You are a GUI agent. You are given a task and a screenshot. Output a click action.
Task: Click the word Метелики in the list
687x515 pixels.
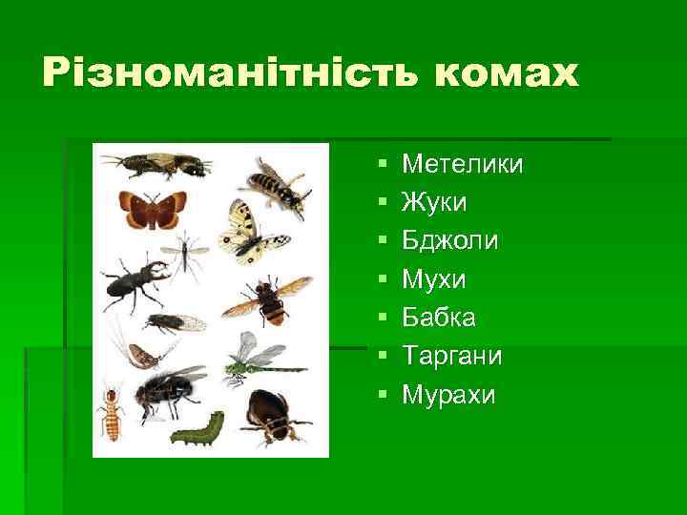tap(463, 165)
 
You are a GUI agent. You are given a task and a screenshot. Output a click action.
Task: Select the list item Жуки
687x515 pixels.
tap(434, 203)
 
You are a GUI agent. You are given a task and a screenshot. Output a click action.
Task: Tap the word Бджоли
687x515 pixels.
tap(450, 241)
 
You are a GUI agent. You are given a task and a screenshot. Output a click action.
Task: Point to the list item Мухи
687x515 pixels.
tap(434, 279)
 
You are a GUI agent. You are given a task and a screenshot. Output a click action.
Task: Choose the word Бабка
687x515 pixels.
tap(440, 318)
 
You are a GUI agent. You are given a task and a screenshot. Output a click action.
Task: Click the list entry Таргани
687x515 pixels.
tap(451, 356)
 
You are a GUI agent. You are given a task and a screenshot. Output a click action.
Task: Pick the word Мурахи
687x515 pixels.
tap(449, 394)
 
